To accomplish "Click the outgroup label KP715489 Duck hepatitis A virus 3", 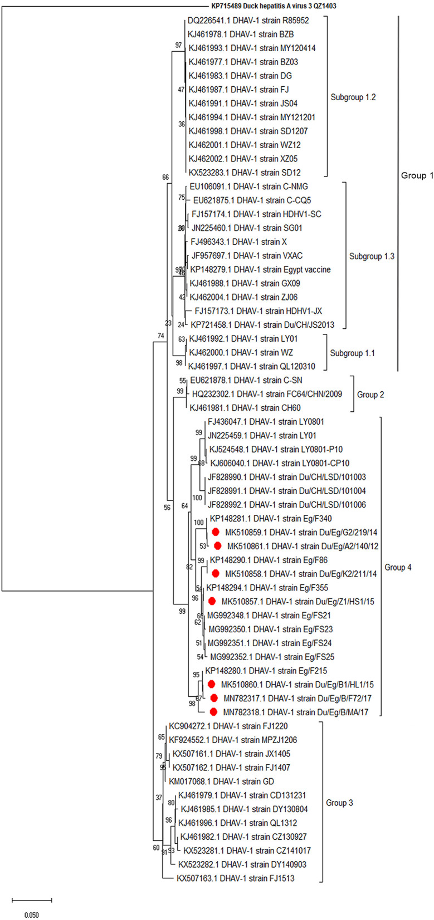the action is (274, 6).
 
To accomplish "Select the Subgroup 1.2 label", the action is (353, 97).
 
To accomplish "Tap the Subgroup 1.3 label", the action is (372, 257).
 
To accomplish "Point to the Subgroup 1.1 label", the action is (353, 353).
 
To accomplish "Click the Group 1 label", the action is (417, 175).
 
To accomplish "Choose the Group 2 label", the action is (370, 395).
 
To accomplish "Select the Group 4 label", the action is (398, 567).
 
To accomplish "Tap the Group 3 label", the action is (339, 803).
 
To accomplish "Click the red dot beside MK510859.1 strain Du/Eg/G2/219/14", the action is (215, 532).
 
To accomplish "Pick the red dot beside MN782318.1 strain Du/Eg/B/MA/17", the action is (213, 712).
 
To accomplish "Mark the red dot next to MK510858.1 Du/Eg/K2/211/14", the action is (215, 573).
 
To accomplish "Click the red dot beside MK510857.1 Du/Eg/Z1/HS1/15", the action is (212, 601).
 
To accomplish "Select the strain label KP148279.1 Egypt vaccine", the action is (260, 269).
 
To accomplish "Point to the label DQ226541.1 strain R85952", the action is (248, 21).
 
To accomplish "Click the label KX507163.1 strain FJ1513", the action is (235, 878).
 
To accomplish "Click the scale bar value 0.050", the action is (31, 915).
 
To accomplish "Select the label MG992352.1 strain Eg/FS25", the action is (272, 657).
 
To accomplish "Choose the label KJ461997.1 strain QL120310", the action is (251, 366).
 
